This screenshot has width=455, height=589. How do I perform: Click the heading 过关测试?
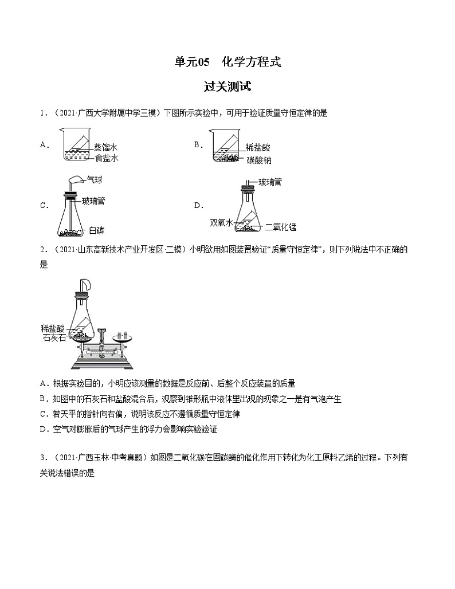[227, 87]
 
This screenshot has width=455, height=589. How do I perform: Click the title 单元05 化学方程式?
[227, 62]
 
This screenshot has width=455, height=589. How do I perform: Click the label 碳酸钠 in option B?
[259, 160]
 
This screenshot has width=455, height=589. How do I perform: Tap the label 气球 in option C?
[95, 180]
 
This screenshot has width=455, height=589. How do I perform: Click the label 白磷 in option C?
[96, 230]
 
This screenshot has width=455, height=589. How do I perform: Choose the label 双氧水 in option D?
[221, 222]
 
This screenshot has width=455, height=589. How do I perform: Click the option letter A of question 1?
[43, 145]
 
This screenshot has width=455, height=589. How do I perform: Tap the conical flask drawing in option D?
[247, 212]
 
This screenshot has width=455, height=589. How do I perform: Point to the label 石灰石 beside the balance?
[54, 337]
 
